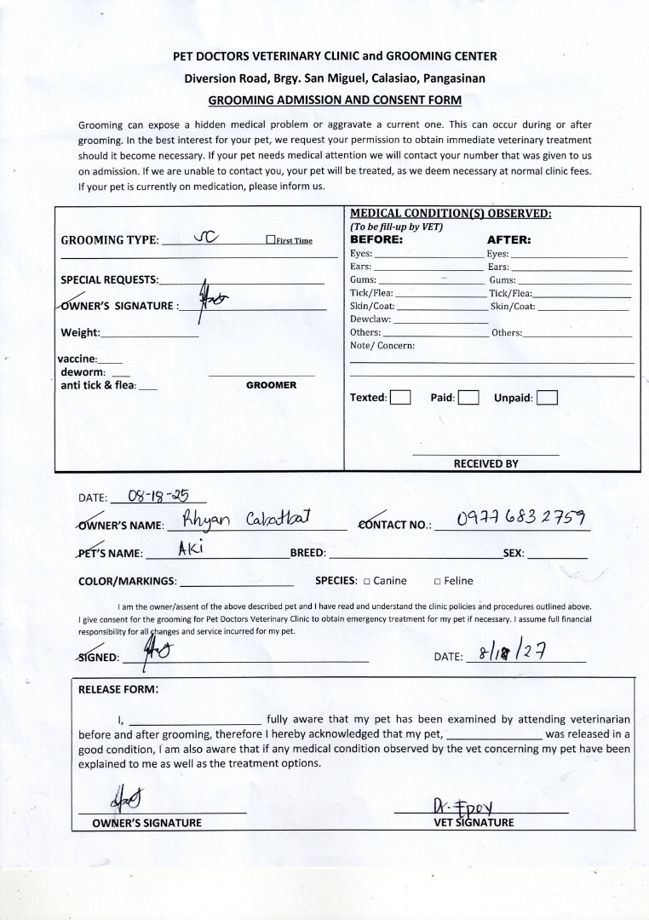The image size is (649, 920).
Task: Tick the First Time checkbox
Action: click(270, 240)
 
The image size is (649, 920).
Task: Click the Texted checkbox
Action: click(400, 398)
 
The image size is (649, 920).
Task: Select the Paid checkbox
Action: click(468, 398)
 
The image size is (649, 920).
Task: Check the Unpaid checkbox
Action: click(548, 398)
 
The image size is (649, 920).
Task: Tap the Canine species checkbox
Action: click(366, 582)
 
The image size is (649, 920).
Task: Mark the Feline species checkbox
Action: click(437, 582)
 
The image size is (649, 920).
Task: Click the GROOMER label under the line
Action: click(271, 385)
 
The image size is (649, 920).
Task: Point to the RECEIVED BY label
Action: click(485, 464)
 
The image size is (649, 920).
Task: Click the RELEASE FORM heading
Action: click(118, 689)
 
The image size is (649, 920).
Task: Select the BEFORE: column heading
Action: click(376, 240)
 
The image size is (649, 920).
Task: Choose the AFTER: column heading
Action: click(508, 240)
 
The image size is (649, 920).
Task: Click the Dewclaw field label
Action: click(370, 319)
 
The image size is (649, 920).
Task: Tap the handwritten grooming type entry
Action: click(206, 238)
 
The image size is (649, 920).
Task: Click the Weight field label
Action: click(80, 332)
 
